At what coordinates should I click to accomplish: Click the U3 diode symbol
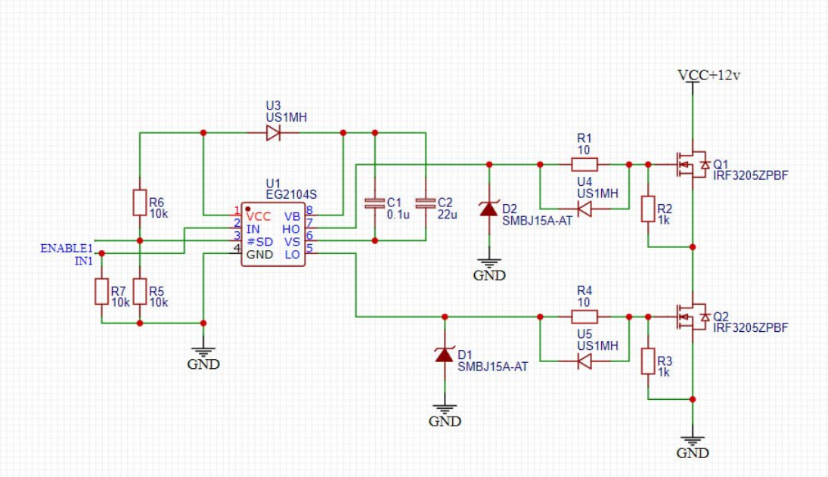tap(273, 133)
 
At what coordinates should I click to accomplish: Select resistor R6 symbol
tap(139, 203)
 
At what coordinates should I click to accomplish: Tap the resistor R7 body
tap(101, 291)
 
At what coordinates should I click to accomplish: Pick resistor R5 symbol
tap(139, 291)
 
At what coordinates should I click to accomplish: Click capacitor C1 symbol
tap(374, 203)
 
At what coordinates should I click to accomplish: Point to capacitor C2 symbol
tap(426, 203)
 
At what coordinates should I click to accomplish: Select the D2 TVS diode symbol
tap(489, 209)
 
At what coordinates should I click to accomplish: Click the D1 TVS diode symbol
tap(445, 355)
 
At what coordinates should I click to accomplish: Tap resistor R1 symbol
tap(584, 164)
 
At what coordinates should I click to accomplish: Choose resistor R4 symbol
tap(584, 317)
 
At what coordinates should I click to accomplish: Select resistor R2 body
tap(647, 209)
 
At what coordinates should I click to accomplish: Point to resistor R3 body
tap(647, 361)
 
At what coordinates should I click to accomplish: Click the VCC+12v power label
tap(709, 76)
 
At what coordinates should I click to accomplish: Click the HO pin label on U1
tap(291, 229)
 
